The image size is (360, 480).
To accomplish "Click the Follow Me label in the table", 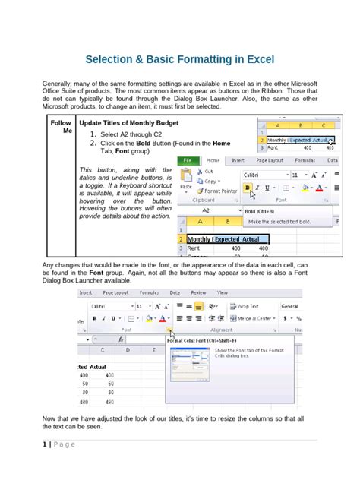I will [x=61, y=126].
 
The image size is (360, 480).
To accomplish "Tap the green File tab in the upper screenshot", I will [x=188, y=160].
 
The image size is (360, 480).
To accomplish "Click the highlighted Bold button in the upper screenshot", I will [x=246, y=188].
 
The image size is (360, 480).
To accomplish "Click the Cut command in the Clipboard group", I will [x=207, y=172].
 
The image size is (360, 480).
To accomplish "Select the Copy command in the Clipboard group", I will [x=210, y=181].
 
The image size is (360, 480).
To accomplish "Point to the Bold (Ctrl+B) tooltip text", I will [x=261, y=211].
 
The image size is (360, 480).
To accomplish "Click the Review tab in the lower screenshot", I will [x=198, y=292].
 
